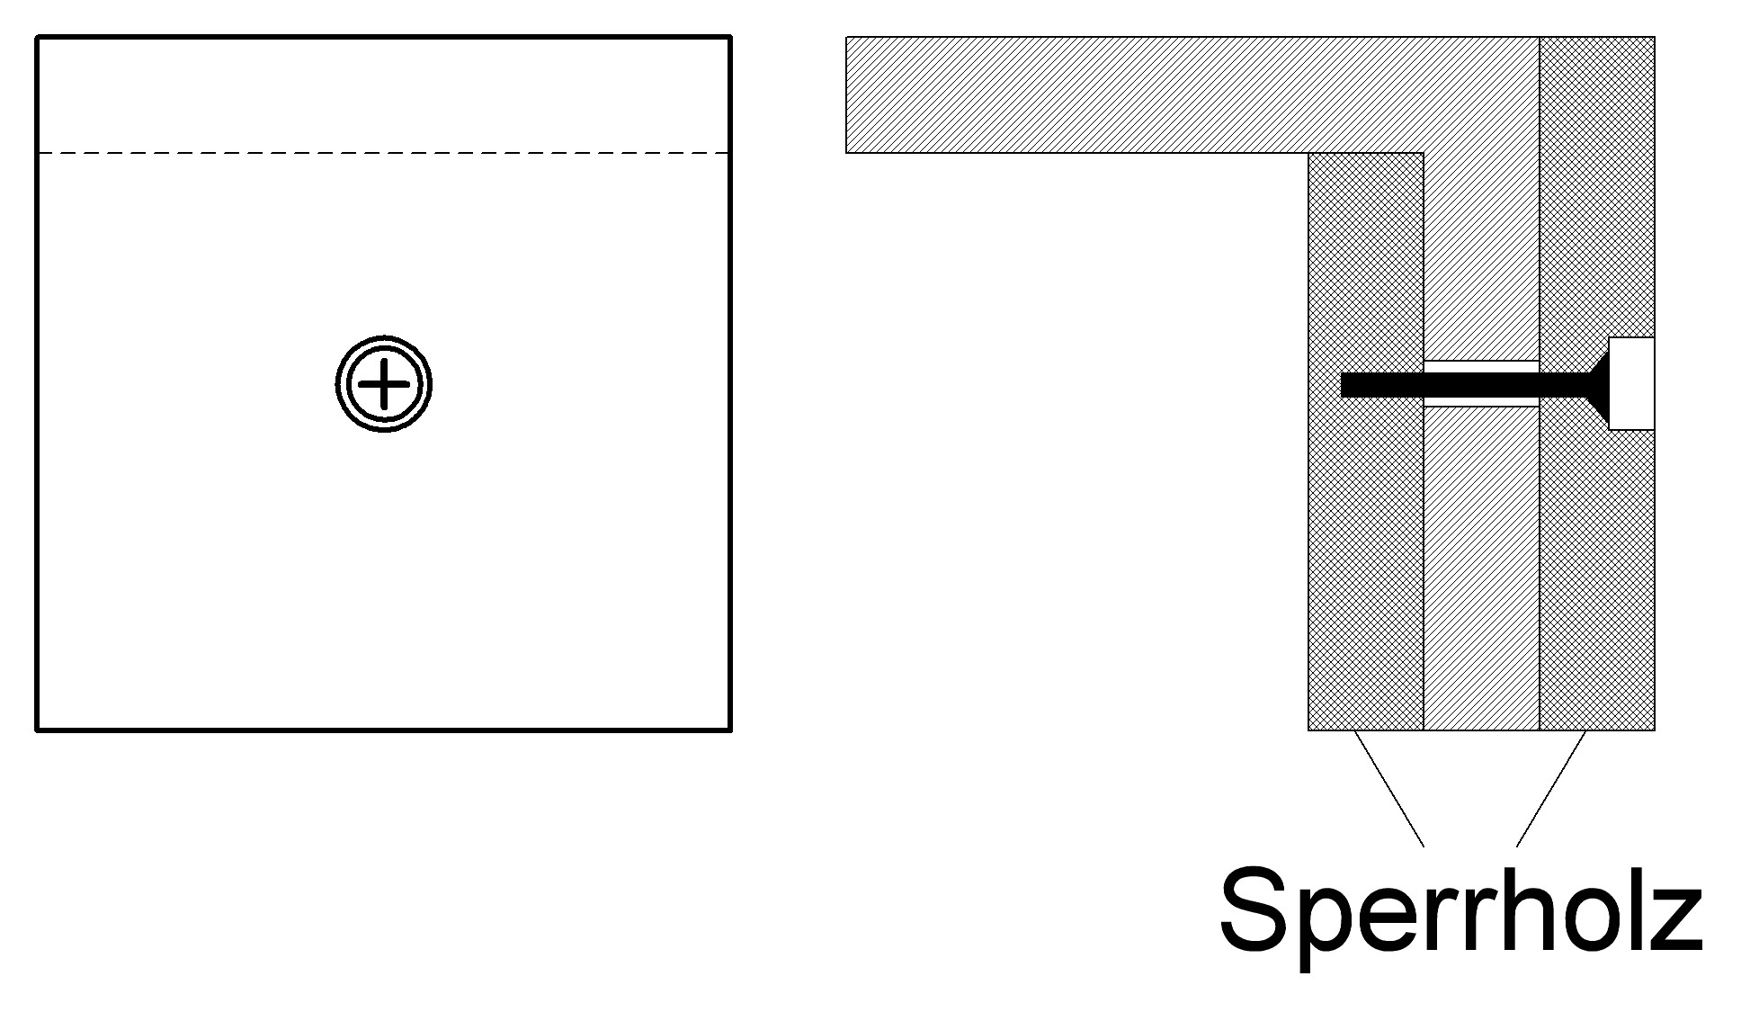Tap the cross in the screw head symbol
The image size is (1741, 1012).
pyautogui.click(x=384, y=384)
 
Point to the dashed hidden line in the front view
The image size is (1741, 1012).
pyautogui.click(x=384, y=153)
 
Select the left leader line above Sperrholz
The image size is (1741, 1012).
pyautogui.click(x=1388, y=788)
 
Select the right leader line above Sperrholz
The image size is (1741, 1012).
pyautogui.click(x=1551, y=788)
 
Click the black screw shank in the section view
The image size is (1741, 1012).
pyautogui.click(x=1466, y=384)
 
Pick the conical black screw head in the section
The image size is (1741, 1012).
pyautogui.click(x=1600, y=384)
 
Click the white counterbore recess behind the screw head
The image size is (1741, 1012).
pyautogui.click(x=1631, y=384)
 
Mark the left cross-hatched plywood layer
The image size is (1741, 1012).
pyautogui.click(x=1366, y=441)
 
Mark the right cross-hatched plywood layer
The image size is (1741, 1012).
pyautogui.click(x=1597, y=383)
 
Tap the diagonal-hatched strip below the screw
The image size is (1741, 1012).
pyautogui.click(x=1481, y=569)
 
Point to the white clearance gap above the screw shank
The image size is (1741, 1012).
pyautogui.click(x=1481, y=366)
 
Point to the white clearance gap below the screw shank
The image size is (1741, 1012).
pyautogui.click(x=1481, y=401)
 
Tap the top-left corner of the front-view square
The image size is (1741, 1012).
pyautogui.click(x=37, y=37)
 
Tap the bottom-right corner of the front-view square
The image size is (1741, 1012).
pyautogui.click(x=730, y=730)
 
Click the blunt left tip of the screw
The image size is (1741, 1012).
pyautogui.click(x=1342, y=384)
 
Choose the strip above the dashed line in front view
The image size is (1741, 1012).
pyautogui.click(x=384, y=95)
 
